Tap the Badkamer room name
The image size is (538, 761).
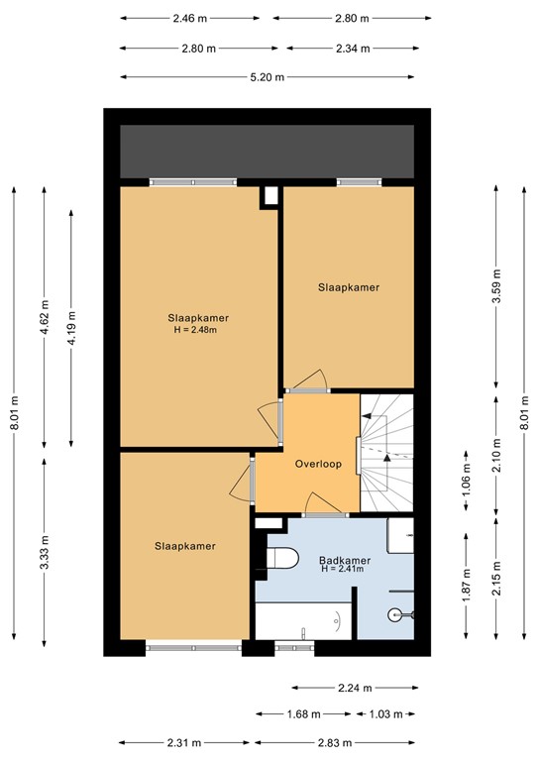click(x=345, y=560)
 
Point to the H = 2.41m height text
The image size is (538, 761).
click(x=345, y=570)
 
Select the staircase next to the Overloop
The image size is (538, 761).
click(x=385, y=452)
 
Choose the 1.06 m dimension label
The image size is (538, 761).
click(x=466, y=480)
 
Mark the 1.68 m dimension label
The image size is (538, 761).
click(x=304, y=713)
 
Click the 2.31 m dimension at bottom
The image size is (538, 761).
click(x=183, y=742)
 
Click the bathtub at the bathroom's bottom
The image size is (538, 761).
click(x=302, y=621)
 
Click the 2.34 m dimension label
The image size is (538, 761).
click(x=352, y=48)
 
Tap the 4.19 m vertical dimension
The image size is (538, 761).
click(x=72, y=326)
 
